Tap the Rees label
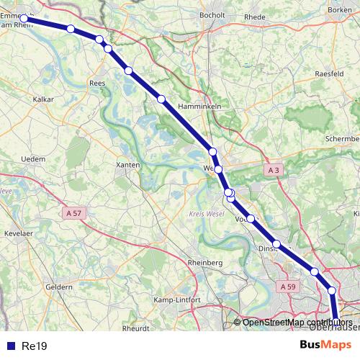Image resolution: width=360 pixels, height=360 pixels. [x=98, y=83]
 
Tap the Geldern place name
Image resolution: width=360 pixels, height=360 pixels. [x=59, y=287]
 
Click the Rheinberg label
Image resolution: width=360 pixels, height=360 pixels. [x=204, y=263]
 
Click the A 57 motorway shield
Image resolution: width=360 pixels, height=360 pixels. [x=74, y=213]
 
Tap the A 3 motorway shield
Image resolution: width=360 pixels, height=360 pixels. [x=271, y=171]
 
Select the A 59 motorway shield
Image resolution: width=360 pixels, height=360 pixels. [x=288, y=287]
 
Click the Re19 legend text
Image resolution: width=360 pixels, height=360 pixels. [x=35, y=346]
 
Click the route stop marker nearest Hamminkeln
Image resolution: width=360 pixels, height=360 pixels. [x=162, y=98]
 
